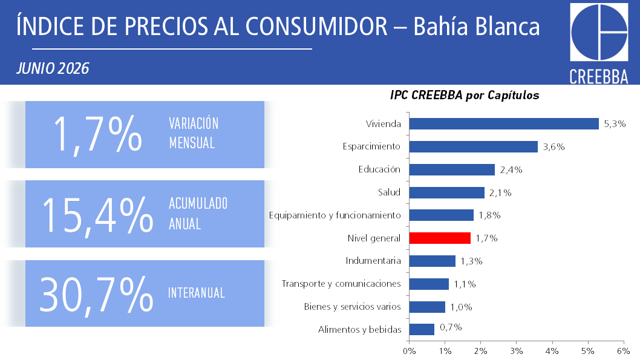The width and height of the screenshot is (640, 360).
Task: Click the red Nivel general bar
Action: [440, 238]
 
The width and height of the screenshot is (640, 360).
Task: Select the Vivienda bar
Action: [504, 123]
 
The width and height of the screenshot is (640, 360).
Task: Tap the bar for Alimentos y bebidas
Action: [422, 329]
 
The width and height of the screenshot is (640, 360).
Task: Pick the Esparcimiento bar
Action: [474, 146]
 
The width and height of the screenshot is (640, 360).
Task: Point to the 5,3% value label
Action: [615, 123]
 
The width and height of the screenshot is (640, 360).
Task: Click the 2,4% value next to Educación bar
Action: [511, 170]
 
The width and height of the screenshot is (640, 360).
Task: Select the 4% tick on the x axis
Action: [552, 350]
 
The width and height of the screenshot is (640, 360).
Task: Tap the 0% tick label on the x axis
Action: [410, 350]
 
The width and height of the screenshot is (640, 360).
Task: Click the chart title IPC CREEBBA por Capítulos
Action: [465, 95]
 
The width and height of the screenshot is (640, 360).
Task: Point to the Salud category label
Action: [389, 192]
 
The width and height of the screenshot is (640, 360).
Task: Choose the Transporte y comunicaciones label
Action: [341, 284]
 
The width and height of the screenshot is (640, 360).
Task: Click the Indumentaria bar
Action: [433, 261]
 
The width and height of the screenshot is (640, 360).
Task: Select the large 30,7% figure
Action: [96, 295]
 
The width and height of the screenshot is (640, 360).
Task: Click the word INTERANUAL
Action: [197, 293]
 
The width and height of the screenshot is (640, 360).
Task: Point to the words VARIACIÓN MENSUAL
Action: [194, 133]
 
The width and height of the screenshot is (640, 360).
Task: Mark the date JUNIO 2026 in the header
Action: [53, 68]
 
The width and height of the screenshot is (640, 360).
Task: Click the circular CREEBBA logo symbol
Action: [599, 33]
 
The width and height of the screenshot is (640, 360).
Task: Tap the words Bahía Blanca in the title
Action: [476, 27]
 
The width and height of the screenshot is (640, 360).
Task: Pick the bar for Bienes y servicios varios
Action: [427, 307]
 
